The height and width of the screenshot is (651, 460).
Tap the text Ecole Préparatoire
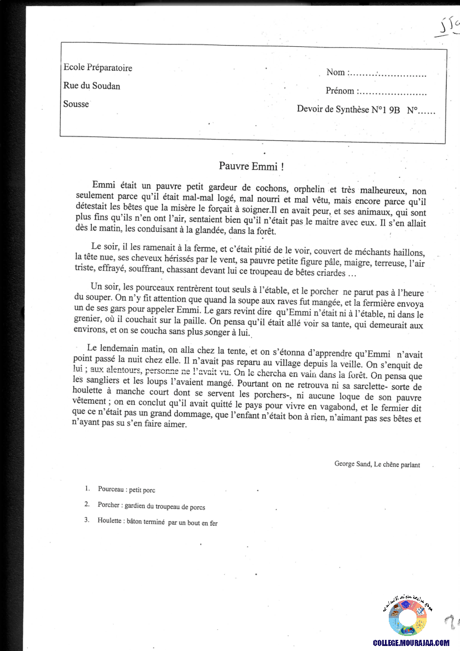point(98,68)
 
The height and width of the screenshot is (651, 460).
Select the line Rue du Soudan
point(92,86)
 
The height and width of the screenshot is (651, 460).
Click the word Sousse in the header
point(76,104)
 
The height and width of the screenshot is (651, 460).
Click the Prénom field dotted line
point(394,92)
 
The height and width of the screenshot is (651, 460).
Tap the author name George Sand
point(353,464)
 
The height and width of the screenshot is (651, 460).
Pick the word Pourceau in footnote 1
point(111,490)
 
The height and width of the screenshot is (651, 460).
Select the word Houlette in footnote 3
point(110,522)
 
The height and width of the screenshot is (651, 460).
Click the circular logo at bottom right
point(407,616)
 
